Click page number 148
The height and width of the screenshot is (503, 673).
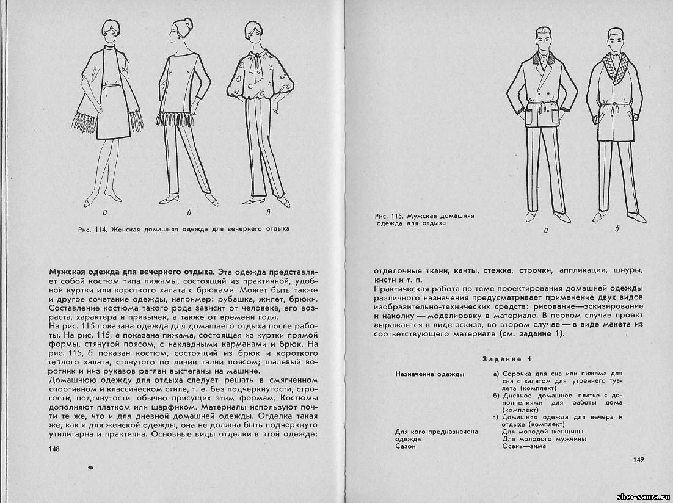pyautogui.click(x=53, y=449)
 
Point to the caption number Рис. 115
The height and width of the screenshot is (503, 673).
pyautogui.click(x=390, y=216)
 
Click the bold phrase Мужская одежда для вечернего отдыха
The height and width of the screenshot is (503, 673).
pyautogui.click(x=131, y=270)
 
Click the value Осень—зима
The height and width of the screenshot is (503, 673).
pyautogui.click(x=523, y=446)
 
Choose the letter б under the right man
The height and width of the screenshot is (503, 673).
pyautogui.click(x=617, y=230)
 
